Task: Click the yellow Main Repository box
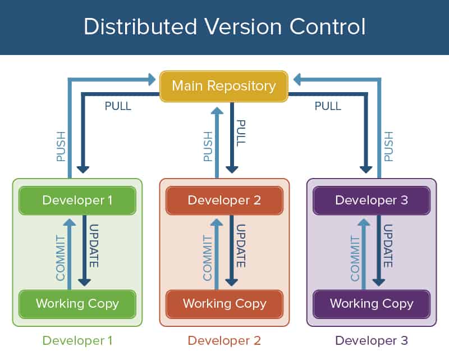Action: pos(224,86)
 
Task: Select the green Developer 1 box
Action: pos(77,200)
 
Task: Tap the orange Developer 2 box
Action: pos(224,200)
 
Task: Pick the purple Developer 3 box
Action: pos(372,200)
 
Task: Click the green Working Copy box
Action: pos(77,304)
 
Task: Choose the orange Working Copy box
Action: pos(224,304)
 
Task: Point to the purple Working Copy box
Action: pos(372,304)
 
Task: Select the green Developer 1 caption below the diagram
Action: pos(77,340)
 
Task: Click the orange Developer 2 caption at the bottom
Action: pos(224,340)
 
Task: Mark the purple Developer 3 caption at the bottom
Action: pos(372,340)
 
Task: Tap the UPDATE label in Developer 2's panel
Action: pos(241,247)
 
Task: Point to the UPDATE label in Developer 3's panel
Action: pos(388,247)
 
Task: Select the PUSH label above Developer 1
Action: pos(61,147)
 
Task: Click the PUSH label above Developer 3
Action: pos(388,147)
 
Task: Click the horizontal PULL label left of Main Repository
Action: pos(118,106)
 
